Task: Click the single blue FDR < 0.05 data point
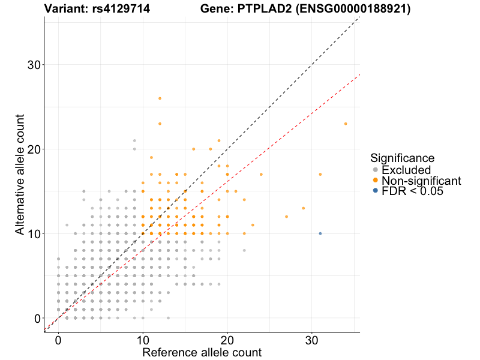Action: click(x=320, y=233)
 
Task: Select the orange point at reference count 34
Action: click(x=346, y=124)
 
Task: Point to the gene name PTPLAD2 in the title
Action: click(x=254, y=9)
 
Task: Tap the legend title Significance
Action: click(x=402, y=158)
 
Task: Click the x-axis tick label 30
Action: click(x=312, y=340)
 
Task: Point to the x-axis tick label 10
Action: click(x=143, y=340)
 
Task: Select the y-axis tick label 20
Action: click(x=34, y=149)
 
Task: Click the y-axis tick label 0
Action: click(x=37, y=318)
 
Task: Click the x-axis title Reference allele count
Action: click(x=202, y=352)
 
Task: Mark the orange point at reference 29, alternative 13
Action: click(x=304, y=208)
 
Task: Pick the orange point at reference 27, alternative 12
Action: click(x=286, y=217)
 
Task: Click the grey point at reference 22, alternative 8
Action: click(x=244, y=250)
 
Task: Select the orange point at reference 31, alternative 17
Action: click(x=320, y=175)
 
